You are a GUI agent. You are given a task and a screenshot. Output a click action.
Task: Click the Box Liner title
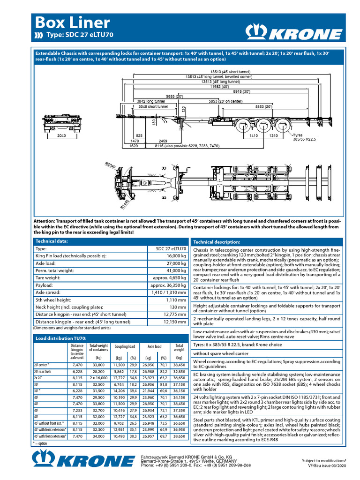[x=72, y=22]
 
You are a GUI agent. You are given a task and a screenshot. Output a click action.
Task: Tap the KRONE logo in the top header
[x=294, y=32]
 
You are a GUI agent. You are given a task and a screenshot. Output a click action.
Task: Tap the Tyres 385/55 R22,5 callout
[x=305, y=137]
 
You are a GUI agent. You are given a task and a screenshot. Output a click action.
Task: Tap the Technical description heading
[x=217, y=242]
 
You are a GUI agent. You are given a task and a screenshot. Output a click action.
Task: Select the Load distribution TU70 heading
[x=61, y=338]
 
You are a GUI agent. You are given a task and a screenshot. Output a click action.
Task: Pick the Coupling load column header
[x=125, y=347]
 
